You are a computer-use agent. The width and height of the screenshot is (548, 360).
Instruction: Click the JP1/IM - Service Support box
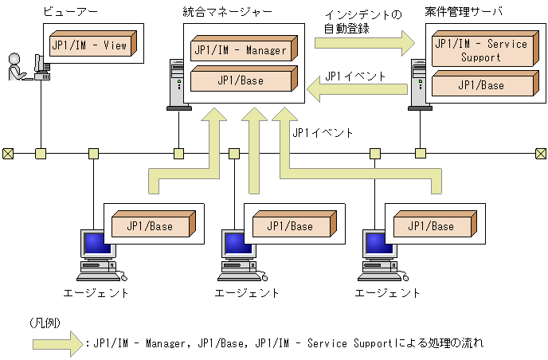[479, 50]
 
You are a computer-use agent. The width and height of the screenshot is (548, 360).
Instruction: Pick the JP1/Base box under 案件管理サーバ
[479, 85]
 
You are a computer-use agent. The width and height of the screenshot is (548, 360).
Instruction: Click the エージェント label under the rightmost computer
[388, 292]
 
